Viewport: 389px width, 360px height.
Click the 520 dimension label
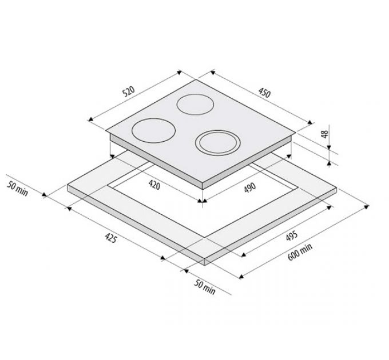tap(129, 91)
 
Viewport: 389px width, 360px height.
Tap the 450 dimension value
tap(264, 93)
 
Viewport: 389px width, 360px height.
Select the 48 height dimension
tap(325, 134)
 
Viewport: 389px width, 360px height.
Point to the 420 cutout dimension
tap(154, 185)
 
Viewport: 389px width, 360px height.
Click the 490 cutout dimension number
tap(250, 187)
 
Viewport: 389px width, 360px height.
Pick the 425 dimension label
tap(110, 238)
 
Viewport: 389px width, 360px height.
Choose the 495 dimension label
tap(292, 235)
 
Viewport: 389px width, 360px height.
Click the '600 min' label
tap(300, 252)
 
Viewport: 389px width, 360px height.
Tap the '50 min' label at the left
tap(17, 189)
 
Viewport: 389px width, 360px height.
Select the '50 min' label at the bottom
tap(204, 287)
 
